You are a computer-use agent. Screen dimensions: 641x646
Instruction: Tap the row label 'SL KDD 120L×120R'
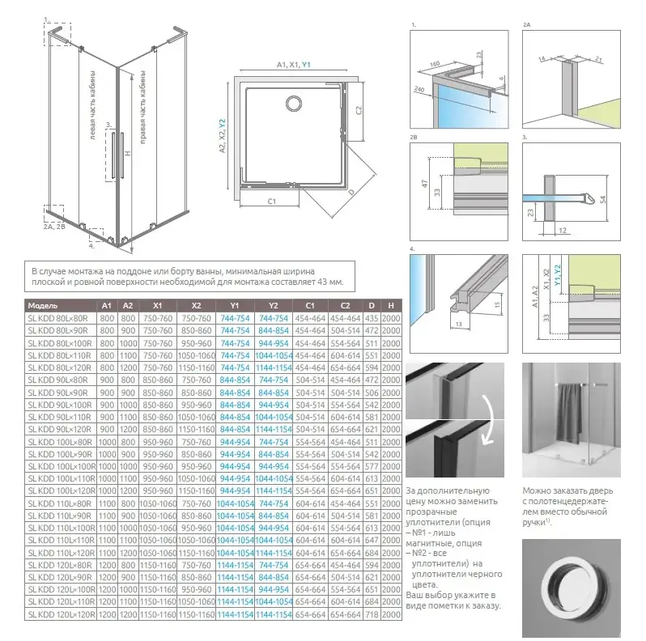57,615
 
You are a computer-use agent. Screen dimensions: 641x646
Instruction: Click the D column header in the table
371,306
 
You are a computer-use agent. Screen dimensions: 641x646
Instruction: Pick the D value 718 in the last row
371,615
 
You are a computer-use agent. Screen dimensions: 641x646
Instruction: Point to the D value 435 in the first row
371,318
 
